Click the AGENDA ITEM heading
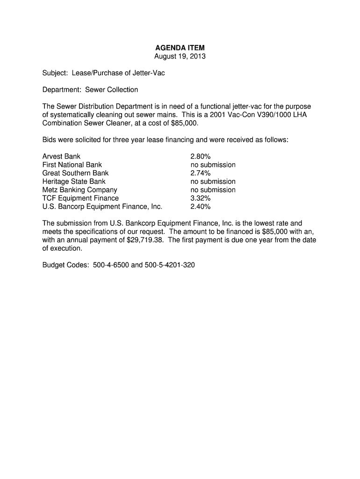coord(180,48)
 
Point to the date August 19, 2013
coord(180,57)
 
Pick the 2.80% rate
coord(201,156)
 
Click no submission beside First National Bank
coord(213,165)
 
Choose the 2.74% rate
coord(201,173)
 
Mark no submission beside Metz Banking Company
coord(213,190)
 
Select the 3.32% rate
coord(201,198)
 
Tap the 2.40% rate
coord(201,206)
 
